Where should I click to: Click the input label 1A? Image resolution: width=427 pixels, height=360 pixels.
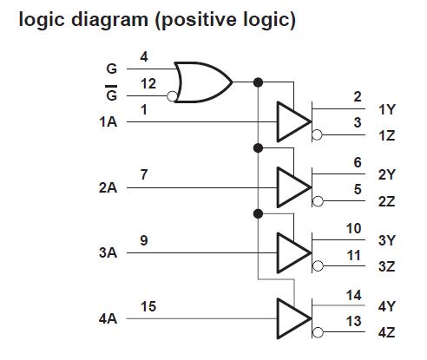[109, 122]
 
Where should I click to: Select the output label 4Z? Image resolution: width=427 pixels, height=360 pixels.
[387, 333]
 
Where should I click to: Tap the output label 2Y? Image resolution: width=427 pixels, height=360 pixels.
[387, 174]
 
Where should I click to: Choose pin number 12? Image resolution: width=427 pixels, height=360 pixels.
[148, 83]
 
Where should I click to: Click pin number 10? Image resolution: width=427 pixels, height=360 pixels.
[353, 228]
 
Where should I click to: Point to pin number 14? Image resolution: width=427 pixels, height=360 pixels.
[353, 295]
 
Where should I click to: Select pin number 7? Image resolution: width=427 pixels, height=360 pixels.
[144, 174]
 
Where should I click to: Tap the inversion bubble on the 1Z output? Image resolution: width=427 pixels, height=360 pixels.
[317, 135]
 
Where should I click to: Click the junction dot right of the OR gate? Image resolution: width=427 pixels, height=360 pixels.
[258, 82]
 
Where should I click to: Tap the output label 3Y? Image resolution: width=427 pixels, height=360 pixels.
[387, 240]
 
